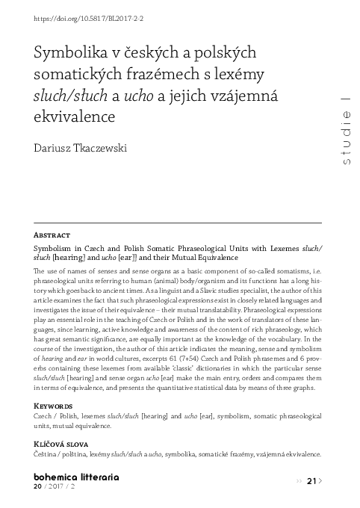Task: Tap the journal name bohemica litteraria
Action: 77,476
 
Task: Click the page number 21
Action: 312,480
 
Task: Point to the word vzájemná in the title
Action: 242,96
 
